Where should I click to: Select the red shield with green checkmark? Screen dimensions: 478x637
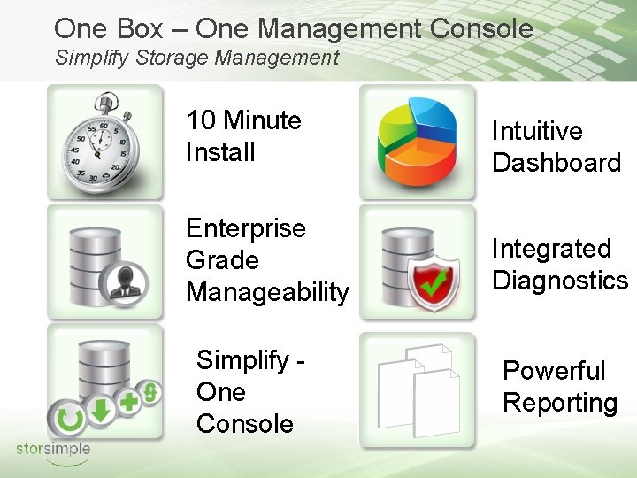pyautogui.click(x=434, y=275)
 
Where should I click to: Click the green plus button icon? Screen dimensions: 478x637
pyautogui.click(x=129, y=404)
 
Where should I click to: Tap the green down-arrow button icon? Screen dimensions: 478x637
pyautogui.click(x=99, y=410)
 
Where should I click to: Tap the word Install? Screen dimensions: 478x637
pyautogui.click(x=220, y=152)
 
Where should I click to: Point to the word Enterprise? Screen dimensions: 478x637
pyautogui.click(x=245, y=228)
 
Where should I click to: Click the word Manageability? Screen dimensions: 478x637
pyautogui.click(x=267, y=292)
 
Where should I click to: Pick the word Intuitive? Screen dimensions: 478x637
pyautogui.click(x=537, y=131)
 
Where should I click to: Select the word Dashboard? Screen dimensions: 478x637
pyautogui.click(x=556, y=163)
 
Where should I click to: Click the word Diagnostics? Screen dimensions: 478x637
pyautogui.click(x=560, y=281)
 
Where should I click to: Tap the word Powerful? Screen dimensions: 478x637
pyautogui.click(x=554, y=371)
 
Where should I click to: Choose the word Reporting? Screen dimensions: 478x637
pyautogui.click(x=560, y=403)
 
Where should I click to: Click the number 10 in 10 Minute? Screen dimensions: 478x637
pyautogui.click(x=201, y=120)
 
